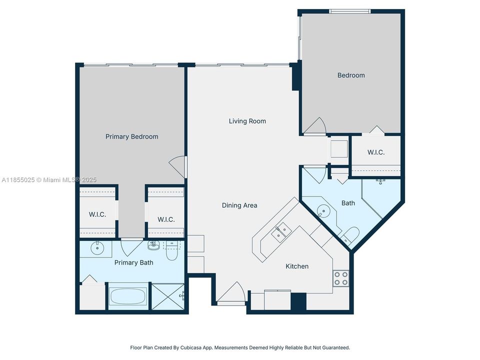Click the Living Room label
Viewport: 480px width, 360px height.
point(247,121)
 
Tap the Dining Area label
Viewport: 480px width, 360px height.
point(239,205)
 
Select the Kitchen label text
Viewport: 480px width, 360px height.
point(297,266)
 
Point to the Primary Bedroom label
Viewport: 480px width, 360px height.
point(131,136)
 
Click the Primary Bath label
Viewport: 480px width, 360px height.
point(133,262)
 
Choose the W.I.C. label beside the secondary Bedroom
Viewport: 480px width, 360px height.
point(375,152)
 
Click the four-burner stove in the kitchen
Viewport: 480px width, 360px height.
point(341,278)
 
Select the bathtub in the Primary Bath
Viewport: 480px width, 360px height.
point(128,296)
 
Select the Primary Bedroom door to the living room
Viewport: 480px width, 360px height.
point(178,164)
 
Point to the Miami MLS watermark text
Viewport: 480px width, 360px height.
point(49,180)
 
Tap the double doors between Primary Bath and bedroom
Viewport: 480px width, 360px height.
point(132,245)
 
